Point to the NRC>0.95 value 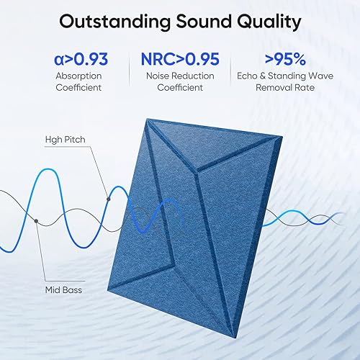(x=179, y=58)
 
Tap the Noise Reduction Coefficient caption (x=179, y=81)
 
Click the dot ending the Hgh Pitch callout (x=109, y=199)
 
